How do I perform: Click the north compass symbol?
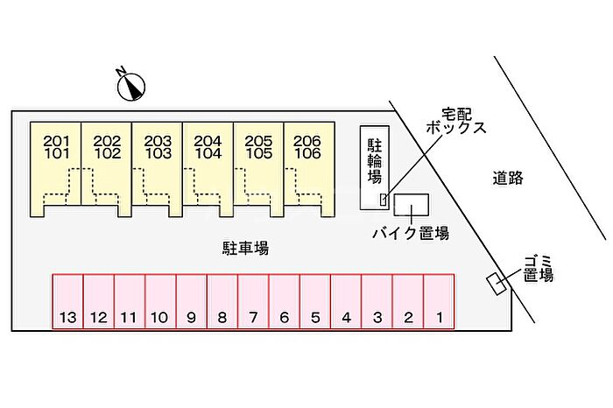coord(132,85)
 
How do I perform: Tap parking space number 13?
coord(67,302)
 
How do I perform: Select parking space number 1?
coord(439,302)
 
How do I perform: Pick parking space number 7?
coord(253,302)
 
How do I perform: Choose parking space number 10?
coord(160,302)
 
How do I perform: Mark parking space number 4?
coord(346,302)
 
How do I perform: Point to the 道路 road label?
coord(507,178)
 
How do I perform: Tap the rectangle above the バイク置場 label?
coord(411,205)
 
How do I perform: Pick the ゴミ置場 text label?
coord(538,268)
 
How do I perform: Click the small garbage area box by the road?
coord(499,285)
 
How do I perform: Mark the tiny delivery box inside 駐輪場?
coord(383,200)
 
